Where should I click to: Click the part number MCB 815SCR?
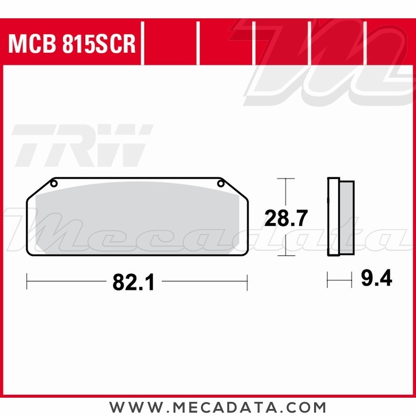click(x=72, y=44)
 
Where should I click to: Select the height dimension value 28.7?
click(x=286, y=218)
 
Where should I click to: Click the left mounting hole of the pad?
click(x=54, y=183)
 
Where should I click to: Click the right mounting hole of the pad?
click(x=221, y=183)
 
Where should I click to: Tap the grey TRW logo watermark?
click(x=81, y=145)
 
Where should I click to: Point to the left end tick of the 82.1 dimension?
click(x=27, y=282)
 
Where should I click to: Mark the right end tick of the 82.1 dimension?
click(x=247, y=282)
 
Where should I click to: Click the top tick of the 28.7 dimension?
click(x=285, y=178)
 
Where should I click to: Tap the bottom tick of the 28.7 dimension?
click(x=285, y=255)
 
